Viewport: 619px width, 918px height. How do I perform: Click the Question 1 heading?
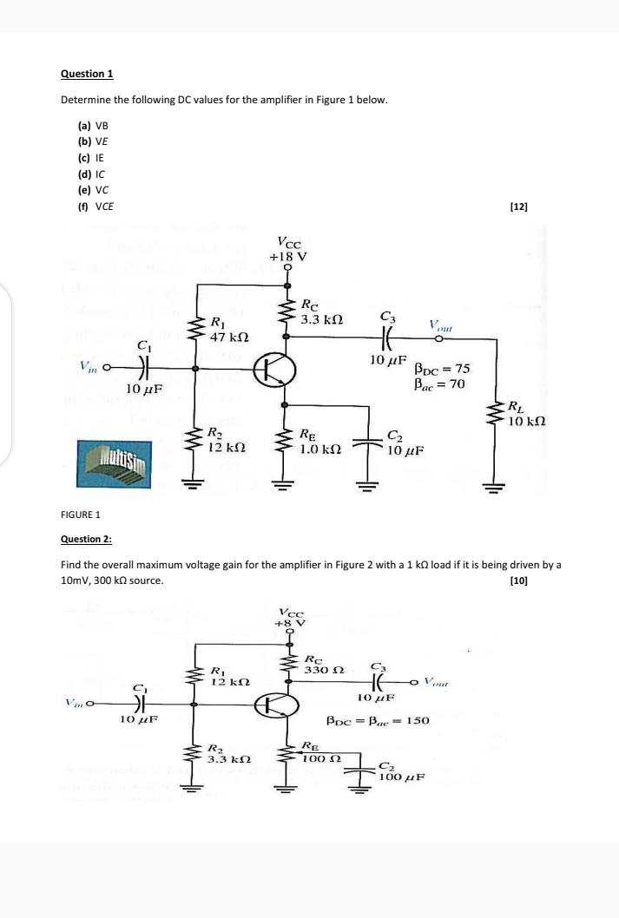(87, 74)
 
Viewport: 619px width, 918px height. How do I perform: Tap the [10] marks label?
(520, 580)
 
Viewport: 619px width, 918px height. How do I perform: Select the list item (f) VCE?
(95, 206)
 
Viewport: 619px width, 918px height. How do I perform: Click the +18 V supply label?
(288, 257)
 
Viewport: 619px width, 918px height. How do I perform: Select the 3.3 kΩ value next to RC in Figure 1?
(322, 320)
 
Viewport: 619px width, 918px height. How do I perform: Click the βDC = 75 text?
(442, 369)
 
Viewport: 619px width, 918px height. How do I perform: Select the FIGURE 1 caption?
(82, 514)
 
